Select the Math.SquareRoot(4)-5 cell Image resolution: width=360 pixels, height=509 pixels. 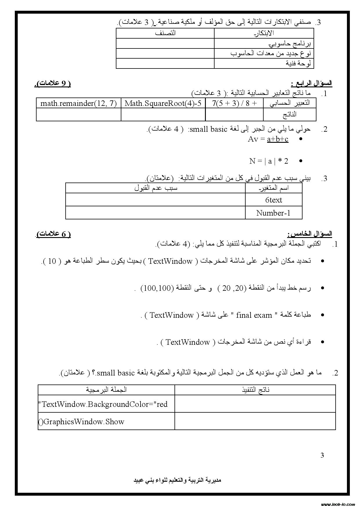point(163,103)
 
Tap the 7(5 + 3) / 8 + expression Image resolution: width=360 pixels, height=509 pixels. point(234,103)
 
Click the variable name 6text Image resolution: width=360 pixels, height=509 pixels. point(273,200)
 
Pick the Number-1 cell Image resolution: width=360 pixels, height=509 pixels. point(273,213)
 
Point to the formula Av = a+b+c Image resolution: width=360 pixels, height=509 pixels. point(268,139)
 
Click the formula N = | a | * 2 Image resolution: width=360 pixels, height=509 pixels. point(269,161)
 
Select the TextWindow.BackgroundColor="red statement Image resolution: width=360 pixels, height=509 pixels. point(103,404)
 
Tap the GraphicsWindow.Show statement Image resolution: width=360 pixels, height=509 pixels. point(81,422)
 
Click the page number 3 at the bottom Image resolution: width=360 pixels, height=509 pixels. point(322,455)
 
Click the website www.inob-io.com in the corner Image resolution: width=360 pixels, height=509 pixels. point(338,504)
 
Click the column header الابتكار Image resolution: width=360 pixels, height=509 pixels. point(264,33)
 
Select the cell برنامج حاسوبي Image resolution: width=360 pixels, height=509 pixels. point(290,44)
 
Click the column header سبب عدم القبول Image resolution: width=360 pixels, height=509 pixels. point(156,188)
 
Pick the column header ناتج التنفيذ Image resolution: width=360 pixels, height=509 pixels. point(255,389)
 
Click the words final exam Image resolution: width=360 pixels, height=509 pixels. point(254,315)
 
